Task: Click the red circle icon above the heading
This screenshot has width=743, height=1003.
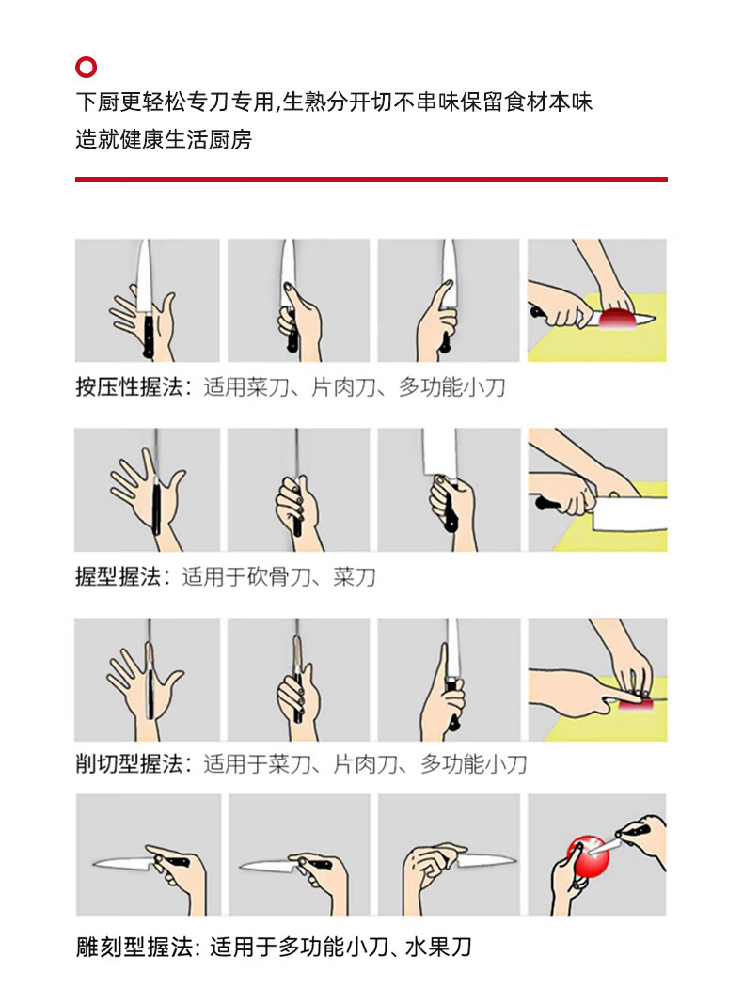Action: coord(86,67)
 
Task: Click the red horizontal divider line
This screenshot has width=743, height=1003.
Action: coord(371,180)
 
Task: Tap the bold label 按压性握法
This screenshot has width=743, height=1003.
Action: coord(129,387)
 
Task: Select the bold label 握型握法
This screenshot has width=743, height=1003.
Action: coord(118,576)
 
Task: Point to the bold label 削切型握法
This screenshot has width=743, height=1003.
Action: coord(129,763)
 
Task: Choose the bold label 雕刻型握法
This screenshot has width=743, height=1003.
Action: coord(134,947)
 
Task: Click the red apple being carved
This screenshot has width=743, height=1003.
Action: coord(588,855)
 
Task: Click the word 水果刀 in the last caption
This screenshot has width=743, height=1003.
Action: coord(439,947)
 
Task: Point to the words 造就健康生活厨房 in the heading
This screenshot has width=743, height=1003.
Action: coord(164,139)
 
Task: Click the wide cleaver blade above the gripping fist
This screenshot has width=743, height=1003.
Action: coord(439,452)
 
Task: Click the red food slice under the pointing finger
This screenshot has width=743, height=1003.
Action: coord(636,703)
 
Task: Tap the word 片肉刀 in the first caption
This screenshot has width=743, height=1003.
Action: coord(343,387)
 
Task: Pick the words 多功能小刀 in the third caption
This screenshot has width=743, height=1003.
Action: coord(474,763)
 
